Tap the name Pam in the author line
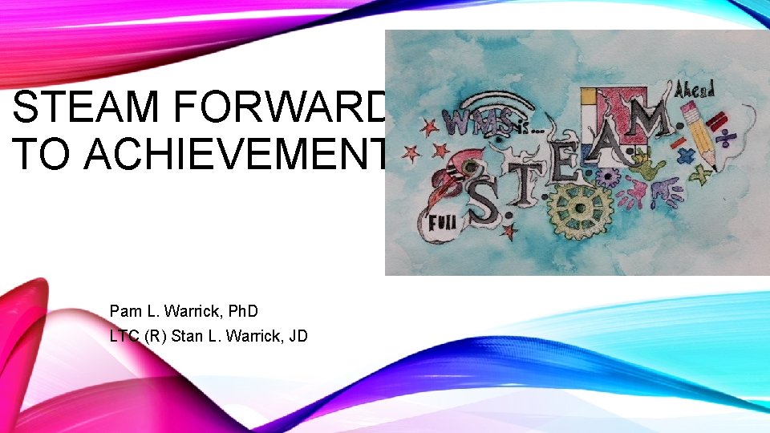point(125,310)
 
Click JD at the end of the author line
point(297,336)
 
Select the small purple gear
point(608,177)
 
